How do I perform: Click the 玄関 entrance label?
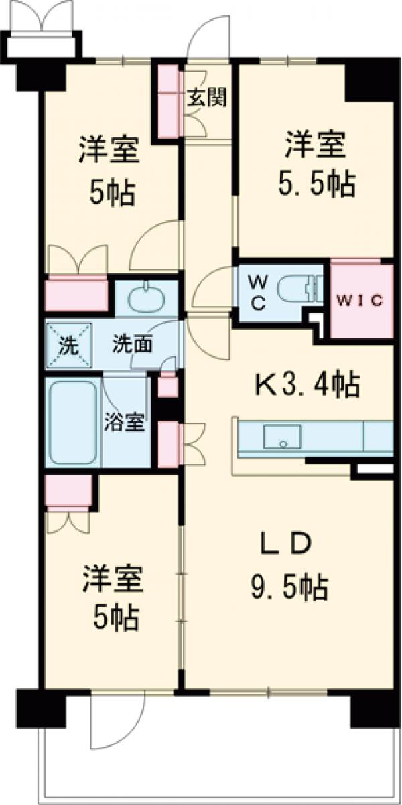click(206, 98)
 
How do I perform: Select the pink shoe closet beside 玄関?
click(168, 100)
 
